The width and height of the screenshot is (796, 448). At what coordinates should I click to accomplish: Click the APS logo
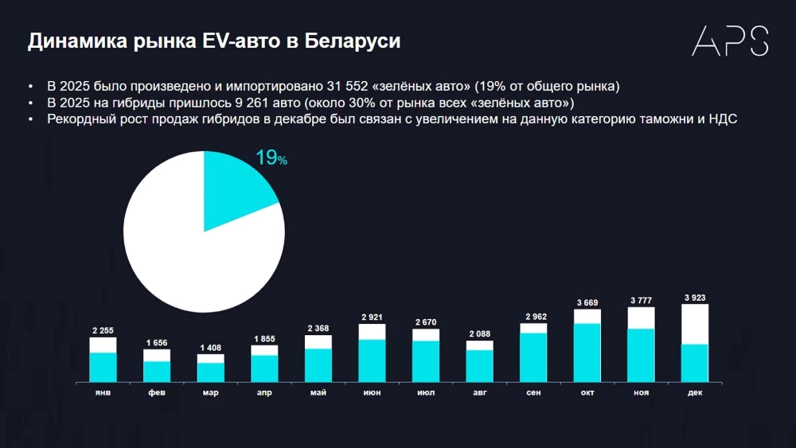tap(729, 41)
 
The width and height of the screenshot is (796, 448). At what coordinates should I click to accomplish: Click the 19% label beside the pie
tap(271, 158)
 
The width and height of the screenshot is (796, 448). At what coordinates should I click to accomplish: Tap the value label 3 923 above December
tap(694, 298)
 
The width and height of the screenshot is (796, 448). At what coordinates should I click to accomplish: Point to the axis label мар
tap(210, 392)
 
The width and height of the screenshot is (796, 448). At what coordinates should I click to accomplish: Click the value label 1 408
tap(210, 348)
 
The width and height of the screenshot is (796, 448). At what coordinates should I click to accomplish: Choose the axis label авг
tap(479, 392)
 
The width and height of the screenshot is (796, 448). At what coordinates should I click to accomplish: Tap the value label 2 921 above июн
tap(372, 317)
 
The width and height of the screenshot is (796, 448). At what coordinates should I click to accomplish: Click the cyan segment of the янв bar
tap(103, 367)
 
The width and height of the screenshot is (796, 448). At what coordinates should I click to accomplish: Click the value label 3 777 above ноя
tap(641, 300)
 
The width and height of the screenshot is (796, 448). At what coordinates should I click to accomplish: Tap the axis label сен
tap(533, 392)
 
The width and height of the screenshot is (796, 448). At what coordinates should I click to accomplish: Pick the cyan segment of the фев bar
tap(157, 372)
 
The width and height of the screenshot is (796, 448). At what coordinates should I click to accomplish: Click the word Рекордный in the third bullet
tap(80, 120)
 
